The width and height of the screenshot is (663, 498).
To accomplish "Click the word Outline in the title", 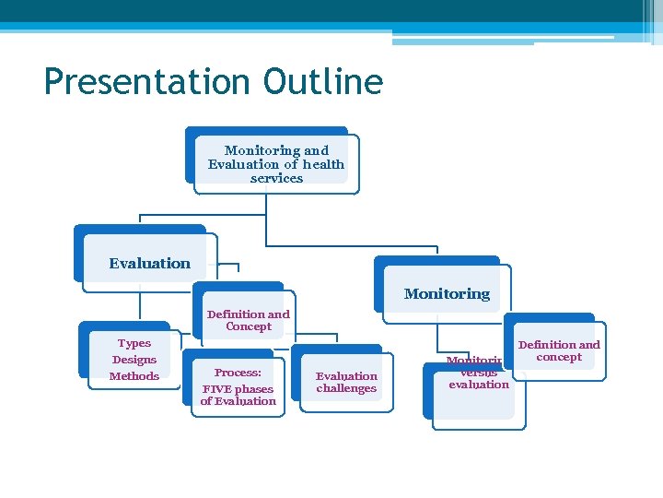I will (321, 81).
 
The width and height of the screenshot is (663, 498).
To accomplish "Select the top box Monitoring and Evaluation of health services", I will (275, 163).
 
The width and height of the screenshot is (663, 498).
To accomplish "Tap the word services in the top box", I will (276, 178).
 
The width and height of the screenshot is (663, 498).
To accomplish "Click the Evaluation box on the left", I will (149, 263).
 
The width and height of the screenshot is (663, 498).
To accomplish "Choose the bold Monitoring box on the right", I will (447, 294).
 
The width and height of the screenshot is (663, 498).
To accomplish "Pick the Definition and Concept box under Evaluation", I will (248, 320).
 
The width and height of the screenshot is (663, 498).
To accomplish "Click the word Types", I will (134, 343).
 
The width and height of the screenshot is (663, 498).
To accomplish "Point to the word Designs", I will (134, 360).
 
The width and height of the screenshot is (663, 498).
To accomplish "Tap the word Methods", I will (134, 376).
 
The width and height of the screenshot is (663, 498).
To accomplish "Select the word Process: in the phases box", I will (238, 373).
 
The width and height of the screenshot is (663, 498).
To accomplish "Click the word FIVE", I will (216, 389).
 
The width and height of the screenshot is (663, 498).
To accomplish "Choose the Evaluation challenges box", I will (346, 382).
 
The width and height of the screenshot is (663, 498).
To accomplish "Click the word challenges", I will (346, 388).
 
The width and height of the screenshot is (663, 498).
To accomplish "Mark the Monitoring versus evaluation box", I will (477, 378).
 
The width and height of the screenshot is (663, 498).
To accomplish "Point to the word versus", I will (479, 373).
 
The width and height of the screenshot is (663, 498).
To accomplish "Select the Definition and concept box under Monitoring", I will (559, 350).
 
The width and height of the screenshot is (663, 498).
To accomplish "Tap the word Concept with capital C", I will (249, 326).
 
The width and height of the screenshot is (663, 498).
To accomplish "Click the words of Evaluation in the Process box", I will (238, 401).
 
